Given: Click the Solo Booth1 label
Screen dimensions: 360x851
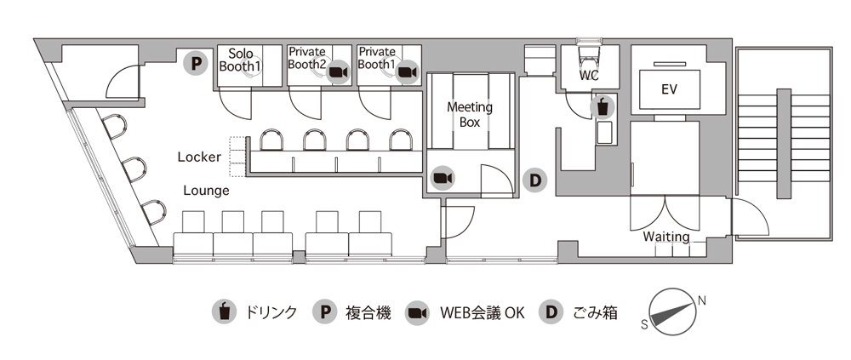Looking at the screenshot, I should pyautogui.click(x=240, y=59).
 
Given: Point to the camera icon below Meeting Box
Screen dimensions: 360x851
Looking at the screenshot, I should pyautogui.click(x=443, y=177).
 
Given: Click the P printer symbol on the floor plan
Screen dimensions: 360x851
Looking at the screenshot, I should pyautogui.click(x=196, y=62).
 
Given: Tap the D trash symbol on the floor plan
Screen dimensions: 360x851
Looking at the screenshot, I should pyautogui.click(x=535, y=180).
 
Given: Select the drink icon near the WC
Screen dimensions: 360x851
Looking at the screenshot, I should pyautogui.click(x=603, y=107).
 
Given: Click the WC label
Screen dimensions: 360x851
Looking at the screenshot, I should pyautogui.click(x=589, y=75).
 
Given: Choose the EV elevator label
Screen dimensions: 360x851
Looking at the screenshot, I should pyautogui.click(x=668, y=88).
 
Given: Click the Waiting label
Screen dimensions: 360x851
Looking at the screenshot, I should pyautogui.click(x=665, y=236).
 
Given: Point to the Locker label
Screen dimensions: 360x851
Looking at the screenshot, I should pyautogui.click(x=199, y=157).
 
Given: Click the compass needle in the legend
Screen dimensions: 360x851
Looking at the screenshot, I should pyautogui.click(x=673, y=311).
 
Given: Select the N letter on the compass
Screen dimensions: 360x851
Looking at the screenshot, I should pyautogui.click(x=701, y=300).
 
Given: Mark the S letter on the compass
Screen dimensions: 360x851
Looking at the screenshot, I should pyautogui.click(x=644, y=323).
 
